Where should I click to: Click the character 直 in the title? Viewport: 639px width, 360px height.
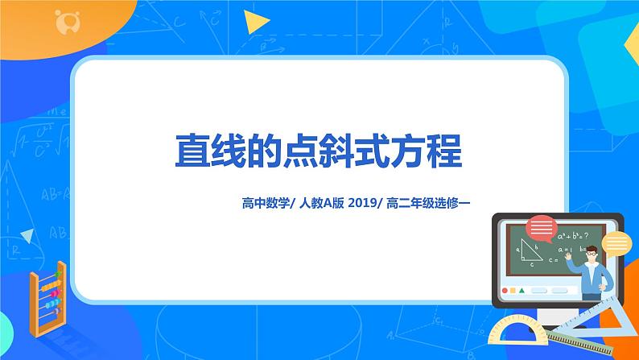pos(194,151)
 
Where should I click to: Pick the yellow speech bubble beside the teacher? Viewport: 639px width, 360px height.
pos(617,242)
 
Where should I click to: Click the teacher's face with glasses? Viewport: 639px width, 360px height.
pos(592,256)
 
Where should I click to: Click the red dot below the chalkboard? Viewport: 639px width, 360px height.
pos(505,290)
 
